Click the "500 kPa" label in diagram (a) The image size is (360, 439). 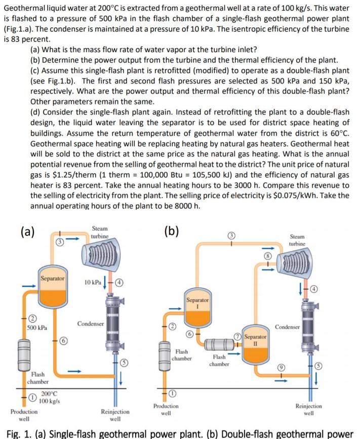coord(35,328)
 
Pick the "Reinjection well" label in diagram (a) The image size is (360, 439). coord(115,415)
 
